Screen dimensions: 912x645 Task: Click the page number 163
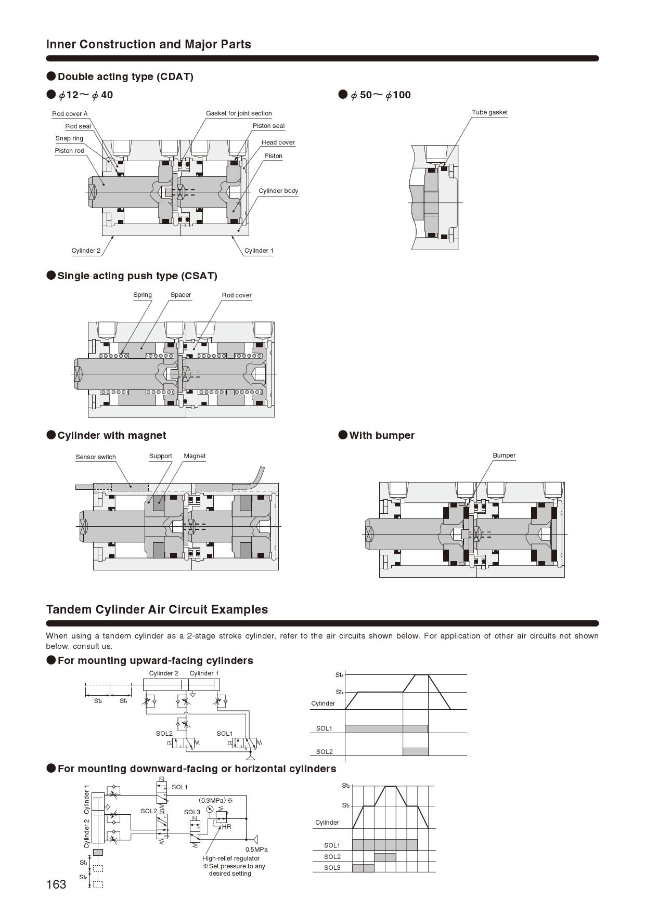pos(56,884)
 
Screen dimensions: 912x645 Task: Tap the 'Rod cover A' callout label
pos(70,114)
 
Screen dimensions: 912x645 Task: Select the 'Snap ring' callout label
pos(69,138)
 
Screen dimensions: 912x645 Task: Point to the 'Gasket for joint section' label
pos(239,113)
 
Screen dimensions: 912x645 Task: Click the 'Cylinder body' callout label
pos(278,191)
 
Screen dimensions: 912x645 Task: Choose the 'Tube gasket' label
pos(489,112)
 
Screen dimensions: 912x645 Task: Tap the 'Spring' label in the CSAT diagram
pos(143,295)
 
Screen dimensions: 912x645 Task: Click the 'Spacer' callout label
pos(180,295)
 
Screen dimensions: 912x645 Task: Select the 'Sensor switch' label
pos(96,457)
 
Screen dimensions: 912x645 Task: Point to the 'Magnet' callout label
pos(195,456)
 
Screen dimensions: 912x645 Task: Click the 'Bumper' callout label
pos(504,455)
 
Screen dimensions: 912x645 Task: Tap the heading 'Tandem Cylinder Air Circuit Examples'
pos(157,609)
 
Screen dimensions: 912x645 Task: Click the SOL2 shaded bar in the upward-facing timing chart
pos(416,751)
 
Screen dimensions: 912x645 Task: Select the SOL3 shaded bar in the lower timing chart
pos(363,868)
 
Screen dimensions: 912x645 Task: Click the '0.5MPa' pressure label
pos(256,850)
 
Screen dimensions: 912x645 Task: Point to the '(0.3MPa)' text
pos(213,800)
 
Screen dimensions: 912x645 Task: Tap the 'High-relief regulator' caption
pos(231,858)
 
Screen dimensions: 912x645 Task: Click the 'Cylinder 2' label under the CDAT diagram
pos(86,251)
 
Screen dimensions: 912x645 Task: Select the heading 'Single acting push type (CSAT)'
pos(137,276)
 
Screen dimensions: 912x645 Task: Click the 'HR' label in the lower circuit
pos(227,826)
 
